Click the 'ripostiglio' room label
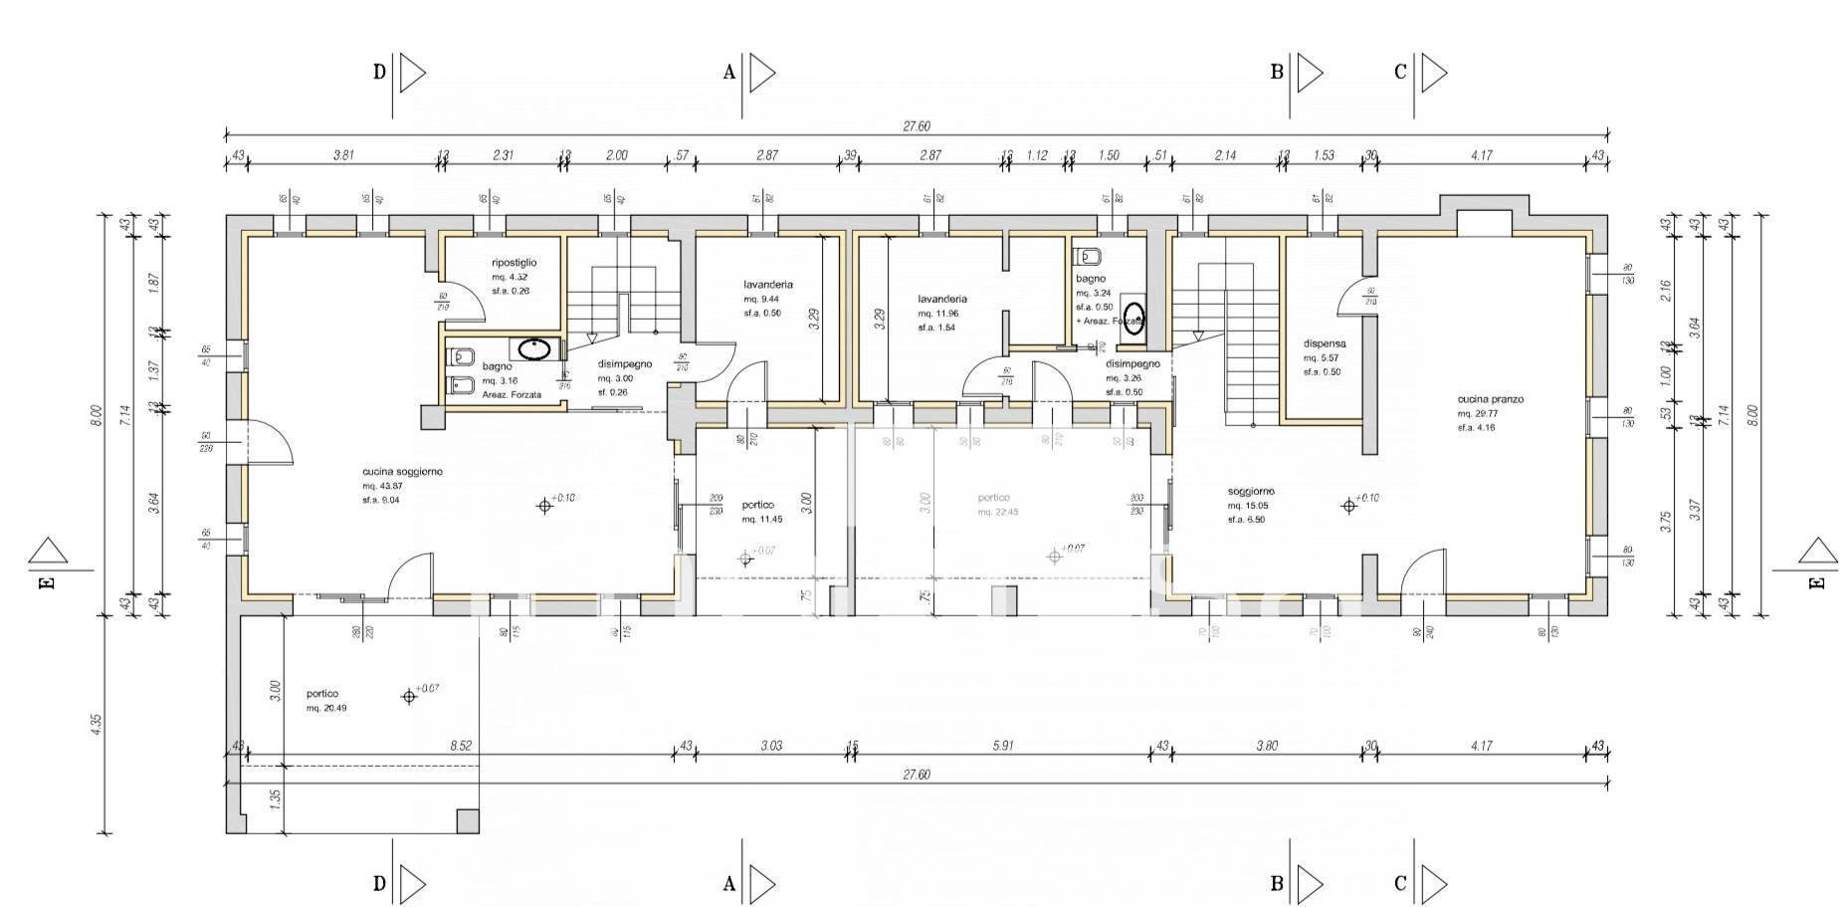(513, 263)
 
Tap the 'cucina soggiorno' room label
(402, 471)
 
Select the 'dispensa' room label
(1325, 343)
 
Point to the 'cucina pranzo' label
(1490, 399)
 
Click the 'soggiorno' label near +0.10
(1250, 491)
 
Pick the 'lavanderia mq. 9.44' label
(767, 284)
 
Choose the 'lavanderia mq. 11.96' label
(941, 299)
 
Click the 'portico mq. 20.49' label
(322, 694)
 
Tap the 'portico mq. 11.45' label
(758, 505)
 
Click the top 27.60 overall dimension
(916, 126)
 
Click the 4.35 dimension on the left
(96, 723)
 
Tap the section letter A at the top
(728, 72)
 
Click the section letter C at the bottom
(1400, 882)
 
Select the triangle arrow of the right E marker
(1817, 551)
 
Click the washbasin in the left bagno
(535, 348)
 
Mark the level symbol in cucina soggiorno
(543, 506)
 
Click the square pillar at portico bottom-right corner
(467, 820)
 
